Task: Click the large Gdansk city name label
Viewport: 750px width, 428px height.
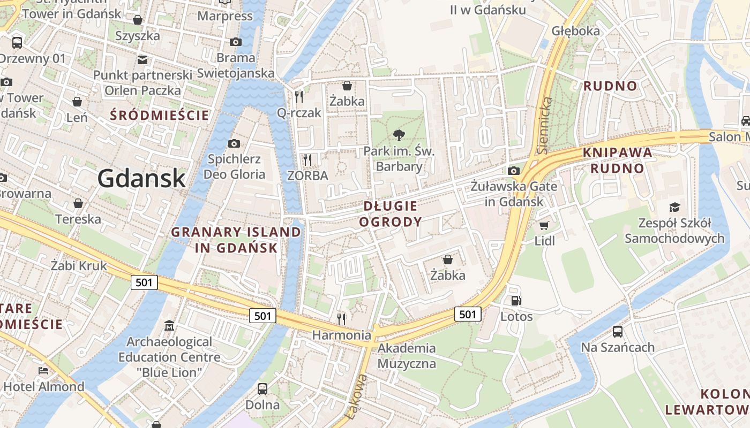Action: point(141,178)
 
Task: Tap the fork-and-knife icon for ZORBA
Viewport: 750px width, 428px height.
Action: point(307,160)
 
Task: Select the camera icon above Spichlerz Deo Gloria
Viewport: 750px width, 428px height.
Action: point(234,143)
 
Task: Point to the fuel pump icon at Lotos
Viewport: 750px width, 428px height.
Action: point(516,301)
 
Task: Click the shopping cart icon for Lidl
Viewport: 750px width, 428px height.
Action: point(544,226)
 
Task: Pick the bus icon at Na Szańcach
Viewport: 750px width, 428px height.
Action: point(618,332)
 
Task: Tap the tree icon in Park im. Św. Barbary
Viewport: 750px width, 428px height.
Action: point(399,135)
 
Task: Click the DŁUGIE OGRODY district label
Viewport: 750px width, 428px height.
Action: point(391,213)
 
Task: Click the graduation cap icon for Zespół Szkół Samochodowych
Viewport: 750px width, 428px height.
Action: point(674,207)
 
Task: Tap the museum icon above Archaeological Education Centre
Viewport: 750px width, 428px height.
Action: point(169,326)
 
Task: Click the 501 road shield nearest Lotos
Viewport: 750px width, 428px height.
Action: point(468,314)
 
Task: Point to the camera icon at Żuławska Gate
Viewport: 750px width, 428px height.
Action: point(514,171)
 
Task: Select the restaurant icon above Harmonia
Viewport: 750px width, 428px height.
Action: point(341,319)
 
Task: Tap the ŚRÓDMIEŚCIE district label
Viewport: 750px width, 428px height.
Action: point(159,114)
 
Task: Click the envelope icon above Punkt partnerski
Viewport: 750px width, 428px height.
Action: point(142,59)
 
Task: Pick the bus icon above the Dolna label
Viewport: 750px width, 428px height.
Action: point(262,389)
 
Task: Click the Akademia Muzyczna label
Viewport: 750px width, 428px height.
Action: point(407,356)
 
